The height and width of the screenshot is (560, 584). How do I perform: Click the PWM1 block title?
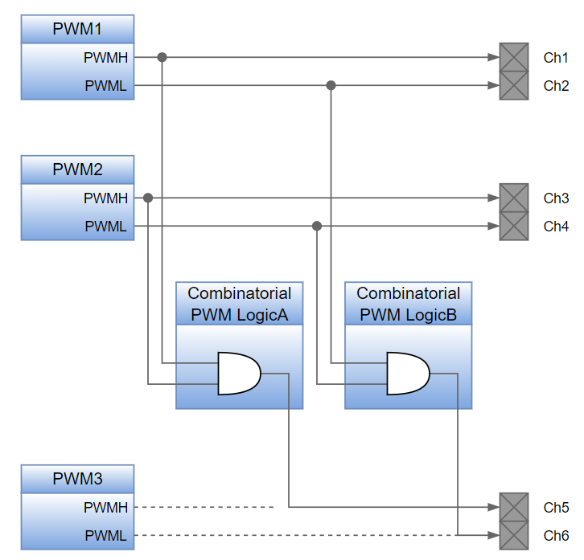click(77, 30)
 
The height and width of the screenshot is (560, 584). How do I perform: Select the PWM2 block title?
click(77, 170)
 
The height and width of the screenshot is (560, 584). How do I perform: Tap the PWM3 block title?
click(77, 479)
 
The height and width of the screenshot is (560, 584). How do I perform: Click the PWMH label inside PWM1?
click(105, 58)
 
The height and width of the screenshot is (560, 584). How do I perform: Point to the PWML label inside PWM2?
click(105, 227)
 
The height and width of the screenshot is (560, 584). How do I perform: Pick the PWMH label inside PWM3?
click(105, 507)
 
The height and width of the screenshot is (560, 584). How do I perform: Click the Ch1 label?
click(556, 58)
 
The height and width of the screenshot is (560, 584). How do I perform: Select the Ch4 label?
click(556, 227)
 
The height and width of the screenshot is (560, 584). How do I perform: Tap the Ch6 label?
click(556, 535)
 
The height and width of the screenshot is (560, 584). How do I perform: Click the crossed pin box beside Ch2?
click(514, 85)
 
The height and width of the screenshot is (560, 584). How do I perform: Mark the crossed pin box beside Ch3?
click(514, 198)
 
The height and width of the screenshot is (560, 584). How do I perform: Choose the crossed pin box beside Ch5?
click(514, 507)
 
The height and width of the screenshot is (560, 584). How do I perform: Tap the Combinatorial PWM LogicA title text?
click(239, 304)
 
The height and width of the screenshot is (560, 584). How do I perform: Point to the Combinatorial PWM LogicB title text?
click(408, 304)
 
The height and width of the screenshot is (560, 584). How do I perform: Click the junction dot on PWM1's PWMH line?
click(162, 57)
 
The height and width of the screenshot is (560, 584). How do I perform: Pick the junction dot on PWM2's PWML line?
click(317, 227)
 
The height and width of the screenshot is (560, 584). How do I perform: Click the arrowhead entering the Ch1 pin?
click(493, 57)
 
